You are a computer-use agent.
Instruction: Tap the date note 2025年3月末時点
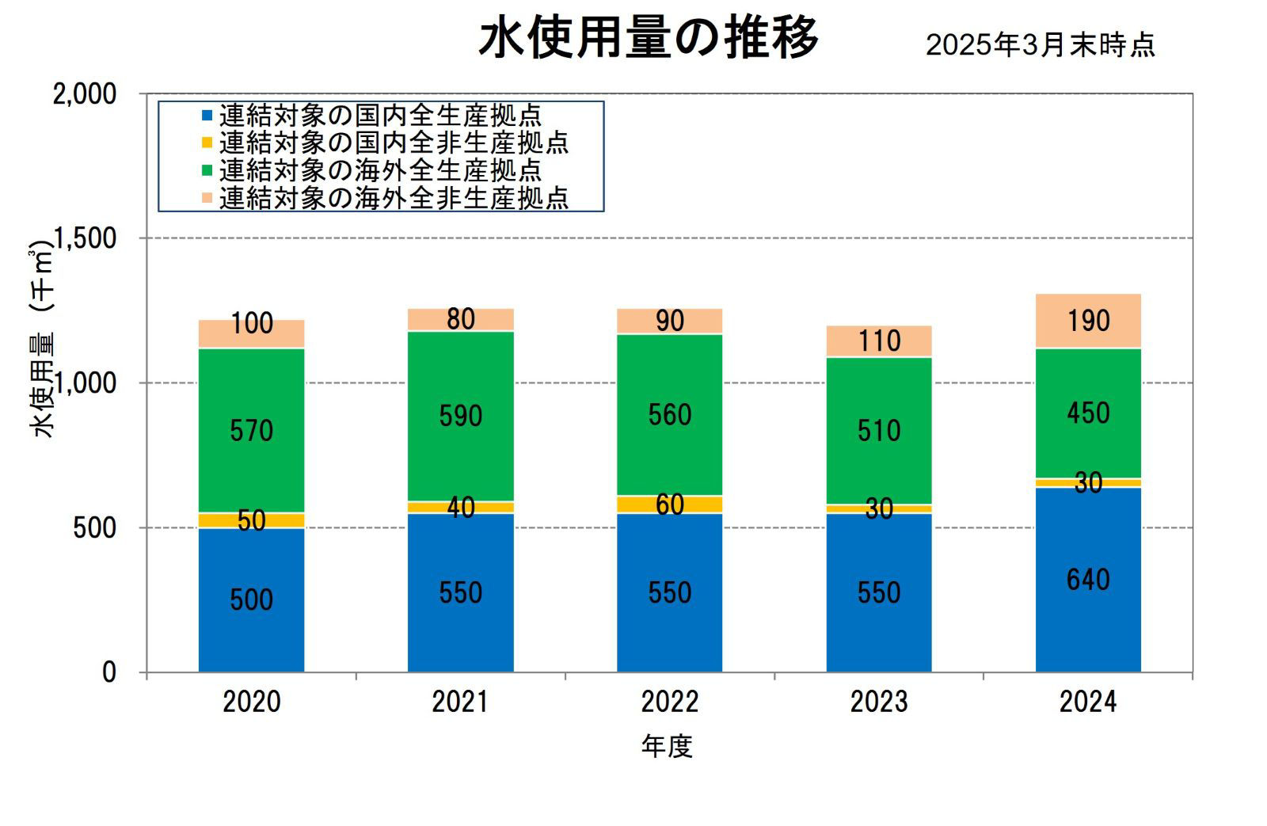click(x=1041, y=45)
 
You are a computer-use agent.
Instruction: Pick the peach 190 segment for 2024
click(x=1088, y=321)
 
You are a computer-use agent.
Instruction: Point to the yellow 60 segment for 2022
click(x=669, y=504)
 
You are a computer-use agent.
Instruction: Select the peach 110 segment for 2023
click(x=879, y=341)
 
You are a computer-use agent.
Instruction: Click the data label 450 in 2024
click(x=1088, y=413)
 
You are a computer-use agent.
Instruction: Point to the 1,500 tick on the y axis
click(x=83, y=238)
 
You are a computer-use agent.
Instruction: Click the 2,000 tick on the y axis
click(x=83, y=93)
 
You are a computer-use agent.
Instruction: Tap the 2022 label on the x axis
click(x=669, y=702)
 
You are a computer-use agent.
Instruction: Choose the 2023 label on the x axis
click(x=879, y=702)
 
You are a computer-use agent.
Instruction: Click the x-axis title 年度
click(x=667, y=746)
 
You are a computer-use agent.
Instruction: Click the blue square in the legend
click(x=207, y=116)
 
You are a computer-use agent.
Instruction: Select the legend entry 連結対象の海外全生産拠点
click(x=380, y=170)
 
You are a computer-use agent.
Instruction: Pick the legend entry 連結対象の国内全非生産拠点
click(x=394, y=143)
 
